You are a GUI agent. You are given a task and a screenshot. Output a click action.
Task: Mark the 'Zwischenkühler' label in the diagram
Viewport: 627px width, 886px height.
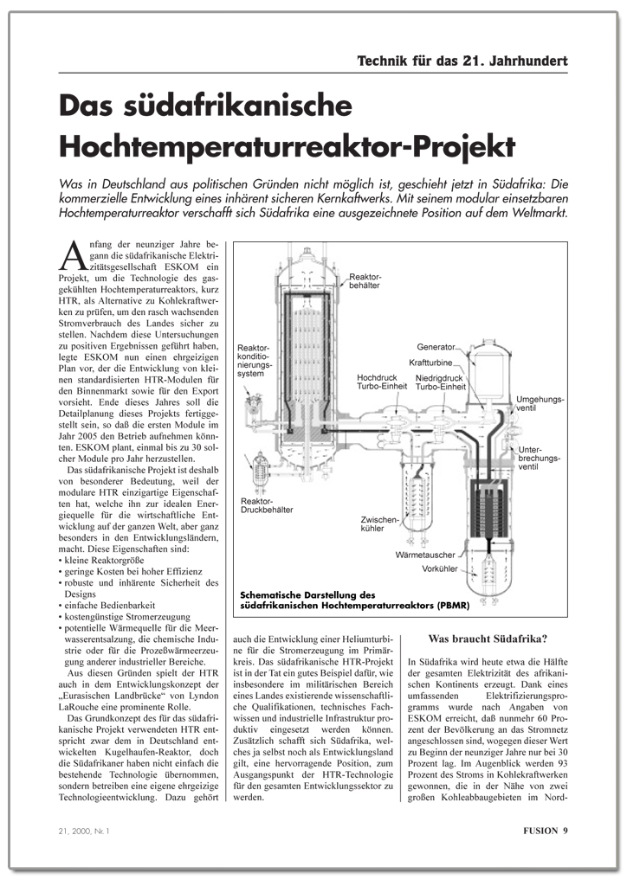tap(380, 524)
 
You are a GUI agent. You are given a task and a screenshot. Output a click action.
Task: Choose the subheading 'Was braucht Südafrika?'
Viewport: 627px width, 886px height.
tap(488, 640)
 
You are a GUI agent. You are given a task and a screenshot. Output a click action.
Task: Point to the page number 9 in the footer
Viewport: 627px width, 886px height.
tap(565, 831)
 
